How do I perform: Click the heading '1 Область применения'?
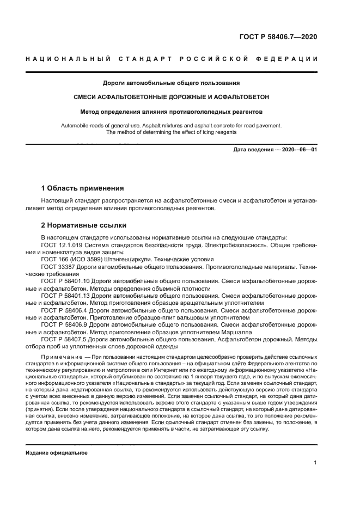[82, 188]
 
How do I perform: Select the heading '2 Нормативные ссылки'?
[84, 225]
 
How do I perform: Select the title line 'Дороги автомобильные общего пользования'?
[172, 83]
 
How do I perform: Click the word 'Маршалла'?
[208, 331]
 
